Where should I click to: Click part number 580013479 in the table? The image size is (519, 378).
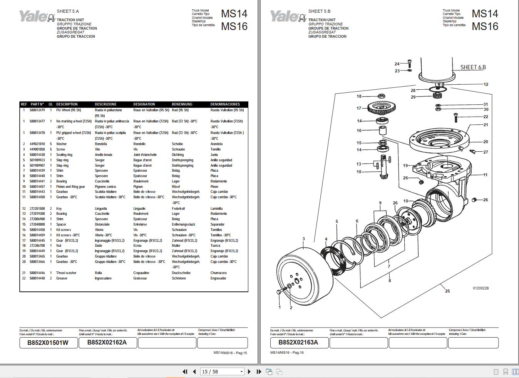pos(37,110)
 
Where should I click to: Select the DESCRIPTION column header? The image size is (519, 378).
pos(67,104)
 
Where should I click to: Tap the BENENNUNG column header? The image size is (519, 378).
pos(182,104)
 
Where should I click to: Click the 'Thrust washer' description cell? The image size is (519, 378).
pos(66,273)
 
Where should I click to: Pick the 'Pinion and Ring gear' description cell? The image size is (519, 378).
pos(70,187)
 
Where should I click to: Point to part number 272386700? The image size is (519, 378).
pos(37,246)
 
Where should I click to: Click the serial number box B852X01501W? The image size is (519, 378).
pos(49,343)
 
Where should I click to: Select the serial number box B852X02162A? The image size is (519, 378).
pos(108,343)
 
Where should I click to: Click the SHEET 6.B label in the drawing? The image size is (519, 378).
pos(473,67)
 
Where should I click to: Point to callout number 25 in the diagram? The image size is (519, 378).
pos(447,291)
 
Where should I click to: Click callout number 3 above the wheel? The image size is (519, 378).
pos(303,239)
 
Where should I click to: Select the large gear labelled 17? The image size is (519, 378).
pos(382,107)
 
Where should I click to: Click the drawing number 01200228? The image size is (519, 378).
pos(480,288)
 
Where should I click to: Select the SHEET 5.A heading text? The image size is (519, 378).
pos(68,12)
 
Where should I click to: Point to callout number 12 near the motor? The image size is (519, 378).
pos(486,84)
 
